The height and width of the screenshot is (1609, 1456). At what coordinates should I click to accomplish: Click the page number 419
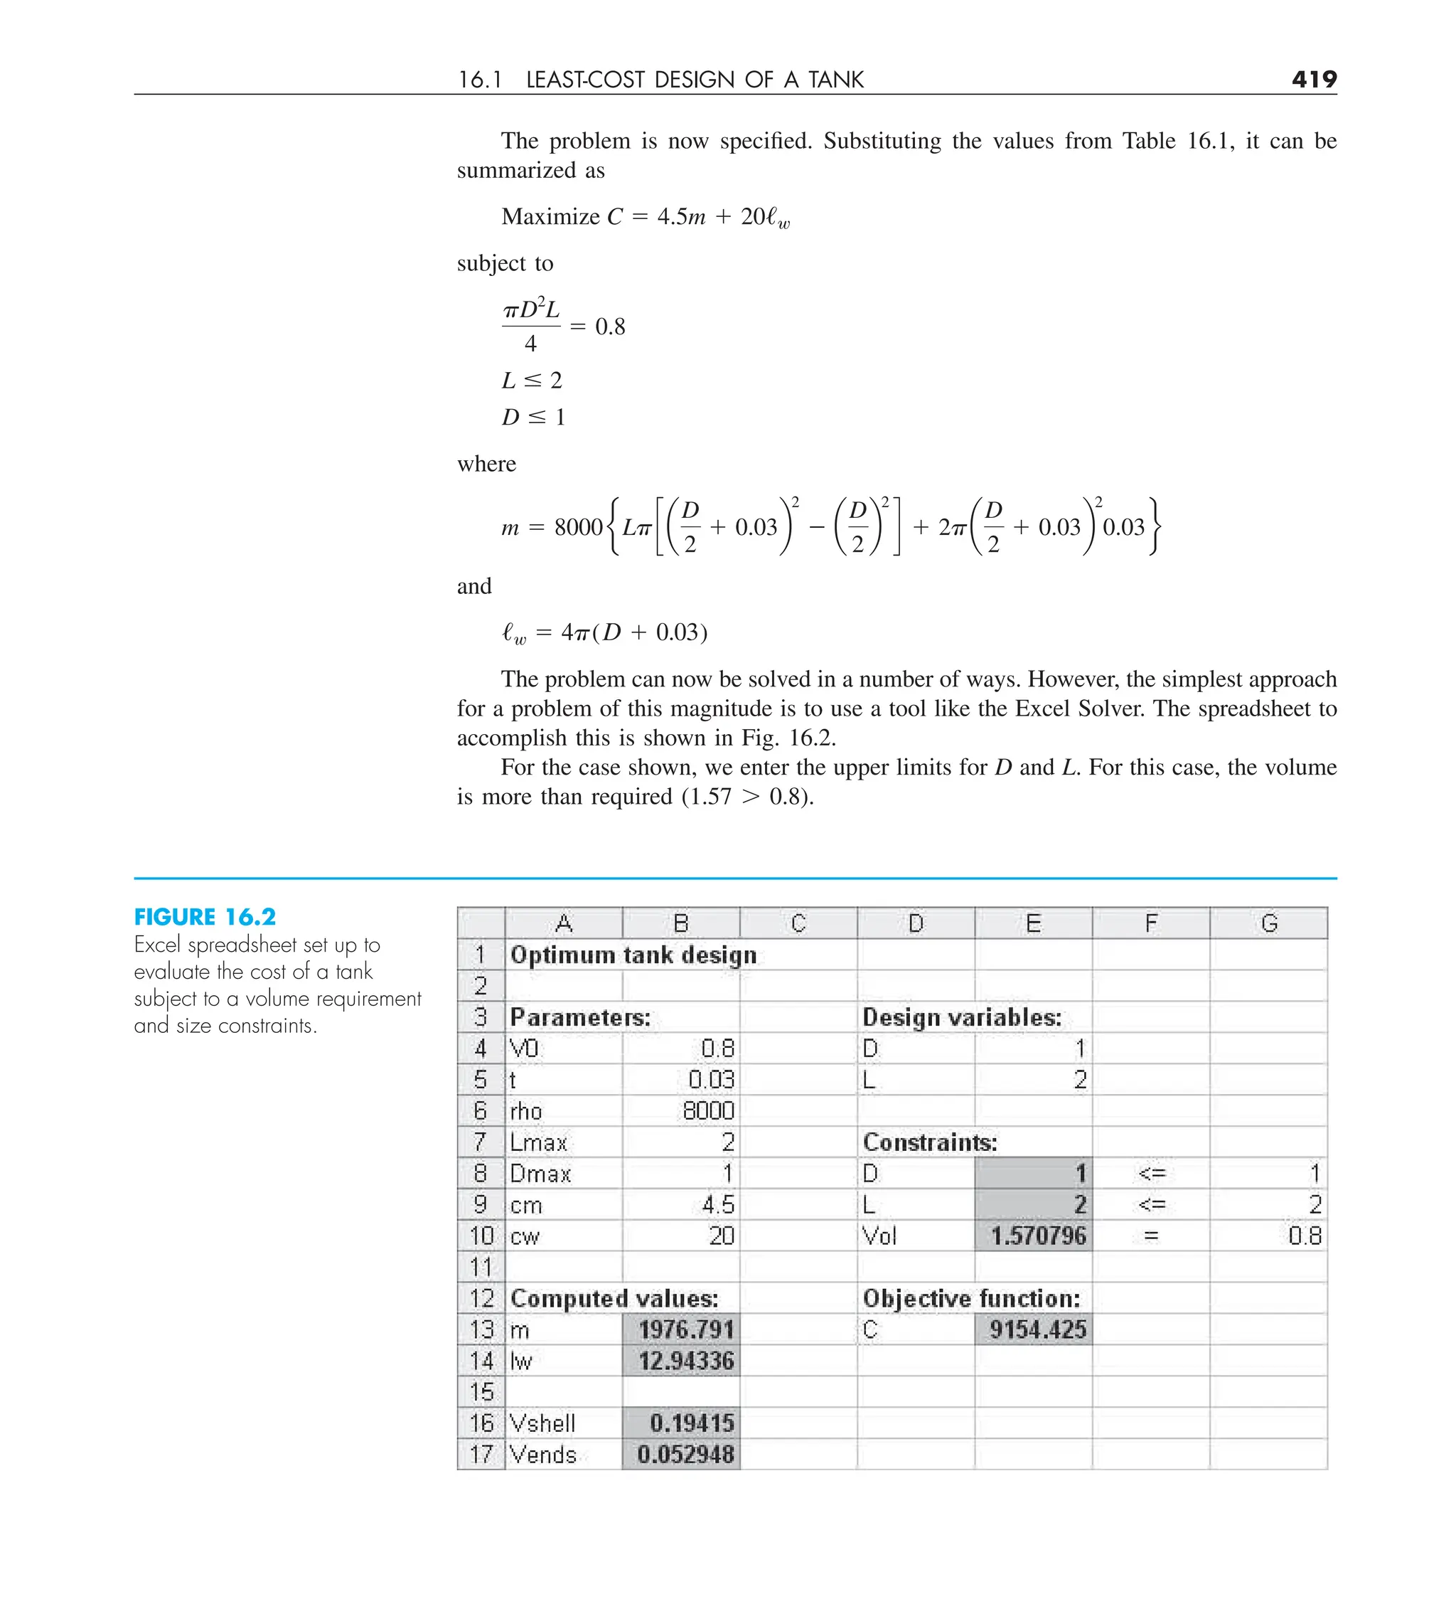point(1313,79)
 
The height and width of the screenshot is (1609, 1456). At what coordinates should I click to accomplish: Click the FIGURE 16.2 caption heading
point(204,917)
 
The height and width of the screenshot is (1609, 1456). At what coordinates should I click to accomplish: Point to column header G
point(1268,923)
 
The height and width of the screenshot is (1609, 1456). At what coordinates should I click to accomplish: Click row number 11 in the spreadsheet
point(481,1268)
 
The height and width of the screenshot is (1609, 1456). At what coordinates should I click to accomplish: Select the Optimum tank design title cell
point(633,955)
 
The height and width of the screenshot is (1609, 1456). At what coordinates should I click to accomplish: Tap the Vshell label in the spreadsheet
point(542,1423)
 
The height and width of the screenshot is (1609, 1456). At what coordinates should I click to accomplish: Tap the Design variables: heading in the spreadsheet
point(962,1018)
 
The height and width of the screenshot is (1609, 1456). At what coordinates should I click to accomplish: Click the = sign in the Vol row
point(1150,1236)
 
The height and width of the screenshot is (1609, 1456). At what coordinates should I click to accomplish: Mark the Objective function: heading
point(971,1299)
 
